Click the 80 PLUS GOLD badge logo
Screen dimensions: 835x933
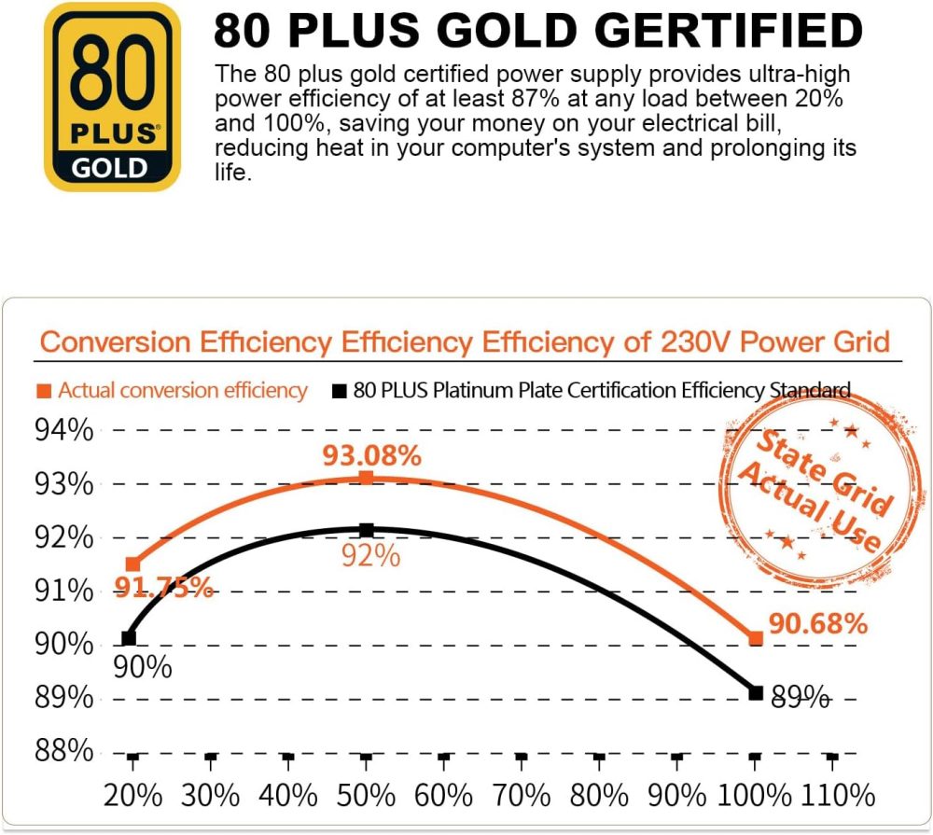[112, 96]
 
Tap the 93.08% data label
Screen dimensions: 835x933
[371, 456]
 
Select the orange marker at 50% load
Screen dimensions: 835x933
[367, 479]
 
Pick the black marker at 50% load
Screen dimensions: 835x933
[367, 530]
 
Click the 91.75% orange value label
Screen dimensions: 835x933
[163, 589]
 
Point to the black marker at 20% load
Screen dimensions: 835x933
[129, 638]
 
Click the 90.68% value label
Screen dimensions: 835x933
[818, 623]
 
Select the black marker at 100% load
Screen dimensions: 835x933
[756, 692]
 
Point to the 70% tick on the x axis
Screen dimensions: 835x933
[522, 795]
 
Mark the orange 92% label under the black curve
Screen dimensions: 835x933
[369, 556]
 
